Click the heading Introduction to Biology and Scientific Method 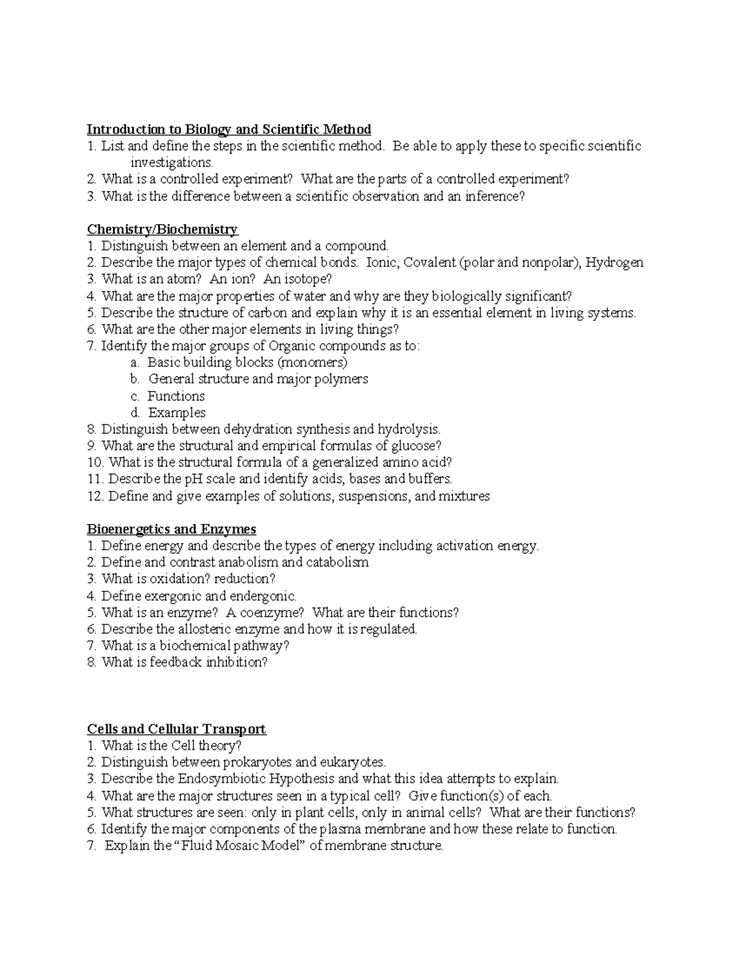[228, 129]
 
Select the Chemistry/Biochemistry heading [162, 230]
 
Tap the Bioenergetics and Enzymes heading [171, 529]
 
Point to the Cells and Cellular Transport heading [176, 729]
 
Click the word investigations [171, 163]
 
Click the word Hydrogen [614, 263]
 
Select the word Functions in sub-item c [176, 396]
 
